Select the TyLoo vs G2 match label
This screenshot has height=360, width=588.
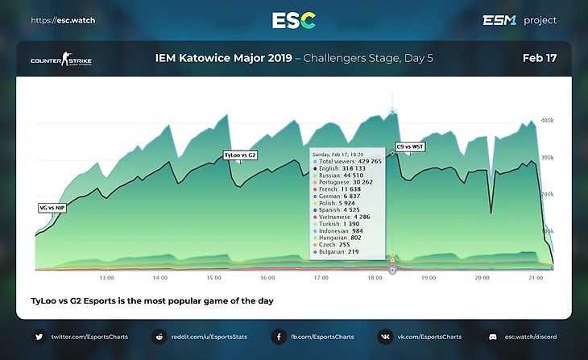tap(240, 155)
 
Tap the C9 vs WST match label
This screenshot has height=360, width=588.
tap(410, 147)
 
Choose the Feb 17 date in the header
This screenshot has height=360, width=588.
tap(539, 59)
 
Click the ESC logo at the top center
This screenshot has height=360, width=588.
tap(293, 20)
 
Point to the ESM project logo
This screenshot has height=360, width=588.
tap(519, 20)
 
